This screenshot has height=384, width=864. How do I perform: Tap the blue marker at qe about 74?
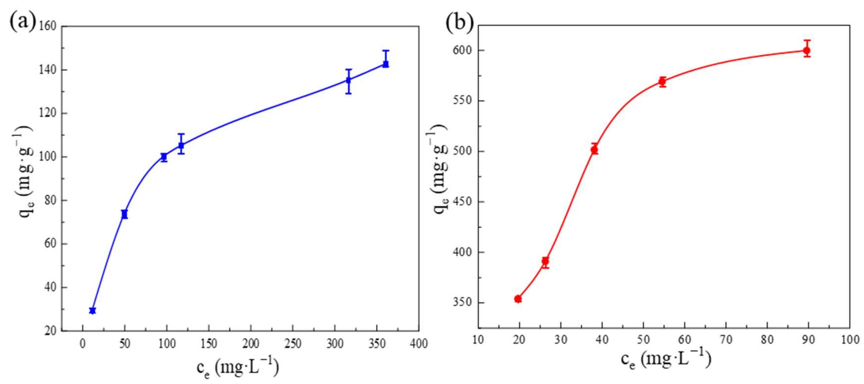(124, 214)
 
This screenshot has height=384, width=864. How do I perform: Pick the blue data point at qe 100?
(164, 157)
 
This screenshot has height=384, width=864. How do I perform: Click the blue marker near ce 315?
(349, 80)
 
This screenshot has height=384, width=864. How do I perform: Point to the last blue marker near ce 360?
(386, 64)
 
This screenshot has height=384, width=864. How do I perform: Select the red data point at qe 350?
(518, 298)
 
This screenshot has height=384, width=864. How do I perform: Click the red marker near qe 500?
(594, 150)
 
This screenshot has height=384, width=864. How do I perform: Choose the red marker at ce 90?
(807, 51)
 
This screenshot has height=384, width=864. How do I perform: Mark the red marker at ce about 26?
(545, 261)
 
